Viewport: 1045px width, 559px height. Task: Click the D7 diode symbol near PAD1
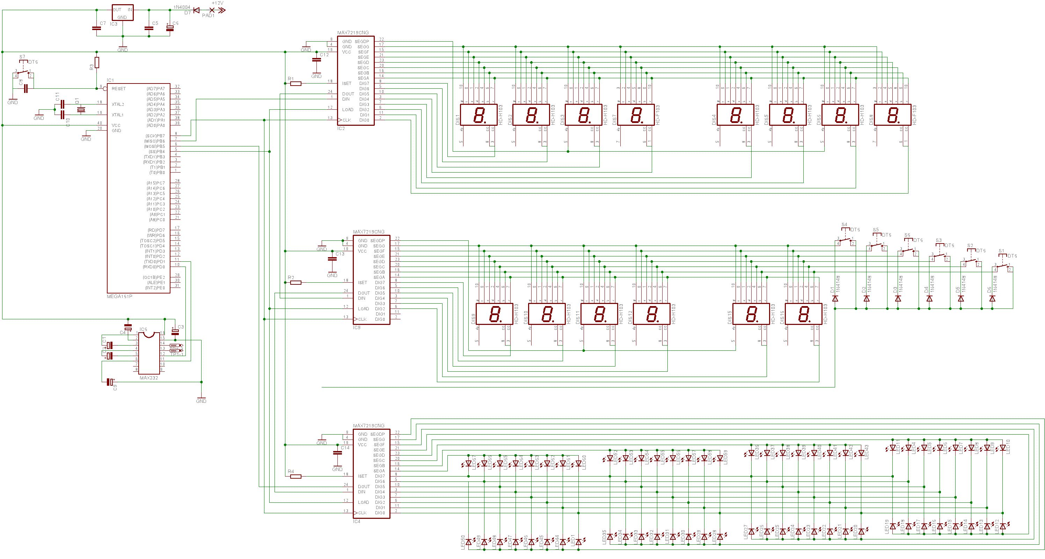(x=197, y=10)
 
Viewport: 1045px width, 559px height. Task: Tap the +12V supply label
(x=218, y=3)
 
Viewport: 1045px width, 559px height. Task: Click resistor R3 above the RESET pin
(x=96, y=63)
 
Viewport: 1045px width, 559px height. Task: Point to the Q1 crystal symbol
(x=81, y=109)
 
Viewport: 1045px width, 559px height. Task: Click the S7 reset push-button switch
(x=23, y=73)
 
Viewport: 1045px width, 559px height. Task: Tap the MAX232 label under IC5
(x=148, y=378)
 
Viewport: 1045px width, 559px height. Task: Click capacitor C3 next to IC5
(x=175, y=332)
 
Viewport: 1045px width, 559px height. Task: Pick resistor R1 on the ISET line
(x=296, y=84)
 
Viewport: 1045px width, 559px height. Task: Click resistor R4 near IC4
(x=296, y=477)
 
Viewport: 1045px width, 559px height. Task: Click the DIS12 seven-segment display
(x=651, y=314)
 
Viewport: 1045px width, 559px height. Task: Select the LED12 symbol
(x=1003, y=527)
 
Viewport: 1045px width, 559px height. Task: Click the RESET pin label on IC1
(x=118, y=88)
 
